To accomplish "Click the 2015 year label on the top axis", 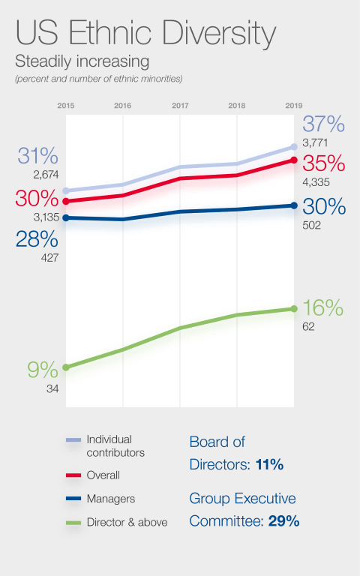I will click(66, 106).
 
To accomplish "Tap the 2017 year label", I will click(180, 106).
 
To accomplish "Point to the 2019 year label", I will click(293, 106).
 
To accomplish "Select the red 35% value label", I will click(323, 163).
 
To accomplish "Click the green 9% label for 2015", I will click(42, 370).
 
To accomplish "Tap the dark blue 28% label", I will click(37, 239).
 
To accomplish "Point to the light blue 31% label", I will click(37, 156).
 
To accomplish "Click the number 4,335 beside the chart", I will click(317, 181).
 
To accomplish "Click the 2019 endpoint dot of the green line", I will click(293, 309).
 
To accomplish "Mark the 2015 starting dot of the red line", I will click(66, 201).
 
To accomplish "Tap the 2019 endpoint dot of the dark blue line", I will click(293, 205).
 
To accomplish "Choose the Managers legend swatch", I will click(73, 498).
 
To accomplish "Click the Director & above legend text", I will click(127, 522).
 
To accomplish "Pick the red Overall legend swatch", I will click(73, 475).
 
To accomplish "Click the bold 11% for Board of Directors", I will click(269, 465).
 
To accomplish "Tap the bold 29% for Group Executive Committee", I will click(284, 521).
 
